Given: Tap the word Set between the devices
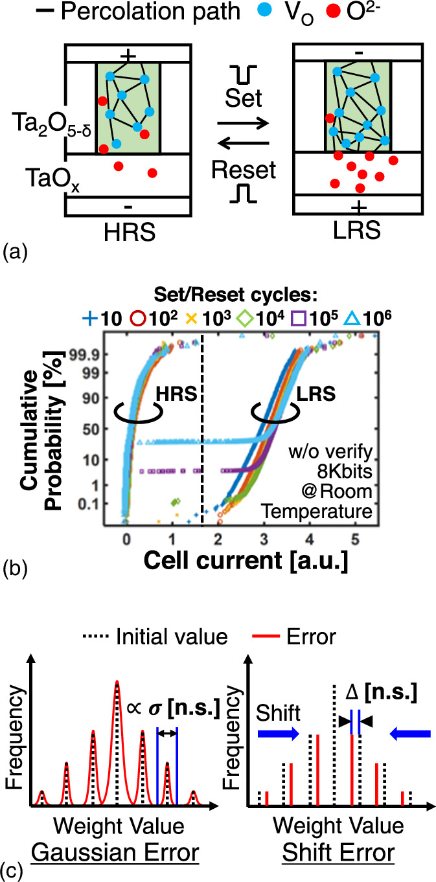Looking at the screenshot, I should click(244, 98).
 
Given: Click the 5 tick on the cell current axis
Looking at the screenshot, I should click(354, 538).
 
